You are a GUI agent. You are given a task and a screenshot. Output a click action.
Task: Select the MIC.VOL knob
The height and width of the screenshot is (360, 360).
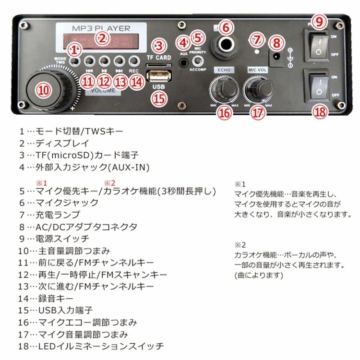[x=258, y=87]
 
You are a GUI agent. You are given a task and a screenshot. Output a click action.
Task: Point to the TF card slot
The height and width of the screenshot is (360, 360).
[x=158, y=66]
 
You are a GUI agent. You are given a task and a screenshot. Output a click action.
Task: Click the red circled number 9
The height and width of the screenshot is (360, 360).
[x=320, y=21]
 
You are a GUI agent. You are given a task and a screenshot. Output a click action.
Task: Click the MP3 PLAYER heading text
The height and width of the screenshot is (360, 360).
[x=101, y=29]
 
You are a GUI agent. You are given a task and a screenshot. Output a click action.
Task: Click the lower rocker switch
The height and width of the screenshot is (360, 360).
[x=319, y=85]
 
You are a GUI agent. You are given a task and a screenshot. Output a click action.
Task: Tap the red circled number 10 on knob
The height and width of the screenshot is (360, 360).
[x=44, y=89]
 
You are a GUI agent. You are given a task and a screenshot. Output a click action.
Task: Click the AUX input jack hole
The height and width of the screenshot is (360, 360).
[x=183, y=62]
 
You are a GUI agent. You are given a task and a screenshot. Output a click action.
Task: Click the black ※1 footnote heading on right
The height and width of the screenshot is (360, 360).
[x=240, y=183]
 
